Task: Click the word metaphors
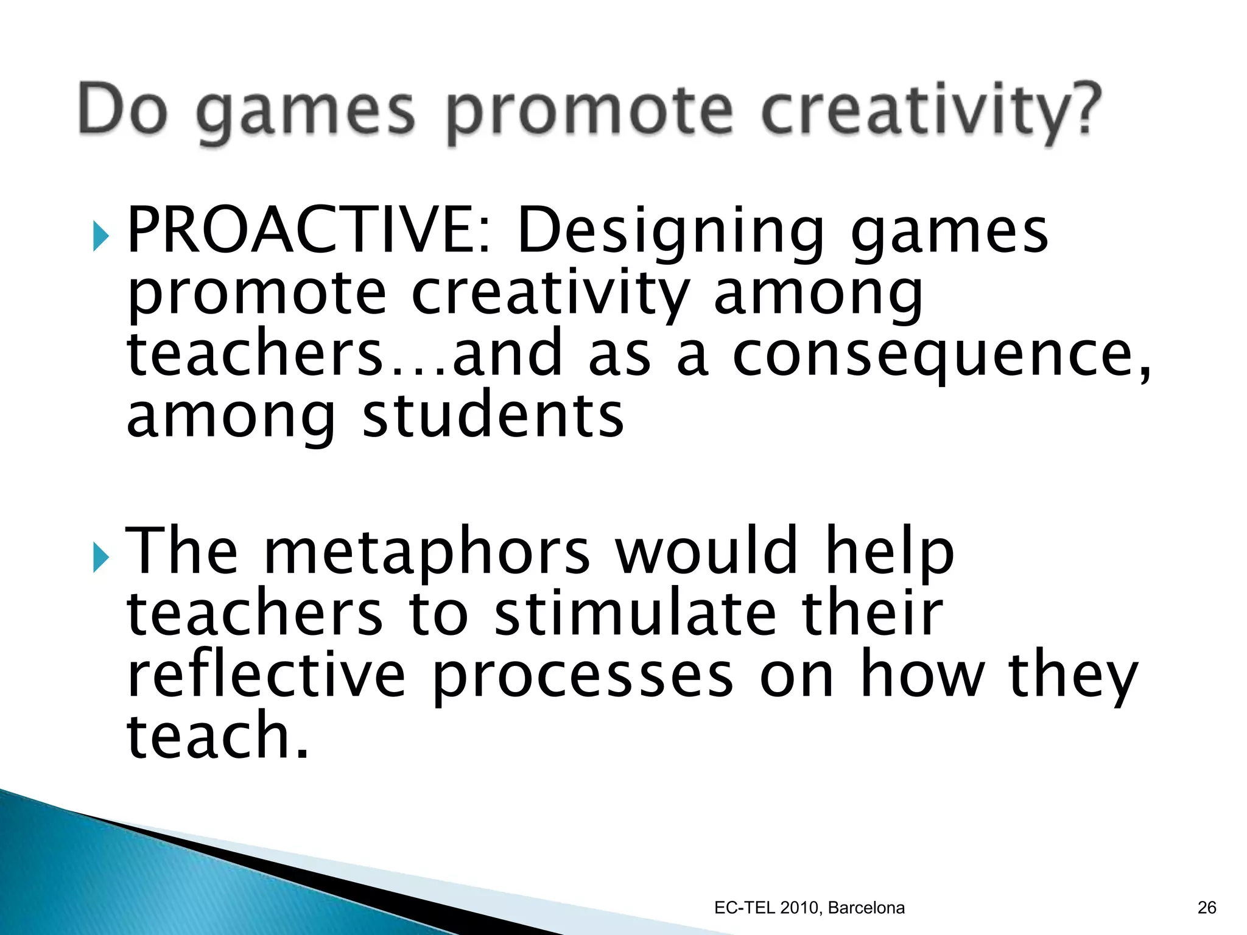pyautogui.click(x=427, y=553)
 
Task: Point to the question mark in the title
pyautogui.click(x=1084, y=110)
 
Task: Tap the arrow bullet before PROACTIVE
pyautogui.click(x=101, y=236)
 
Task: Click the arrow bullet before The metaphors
pyautogui.click(x=101, y=558)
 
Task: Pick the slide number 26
pyautogui.click(x=1206, y=908)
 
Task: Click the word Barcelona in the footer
pyautogui.click(x=866, y=908)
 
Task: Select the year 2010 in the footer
pyautogui.click(x=799, y=908)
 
